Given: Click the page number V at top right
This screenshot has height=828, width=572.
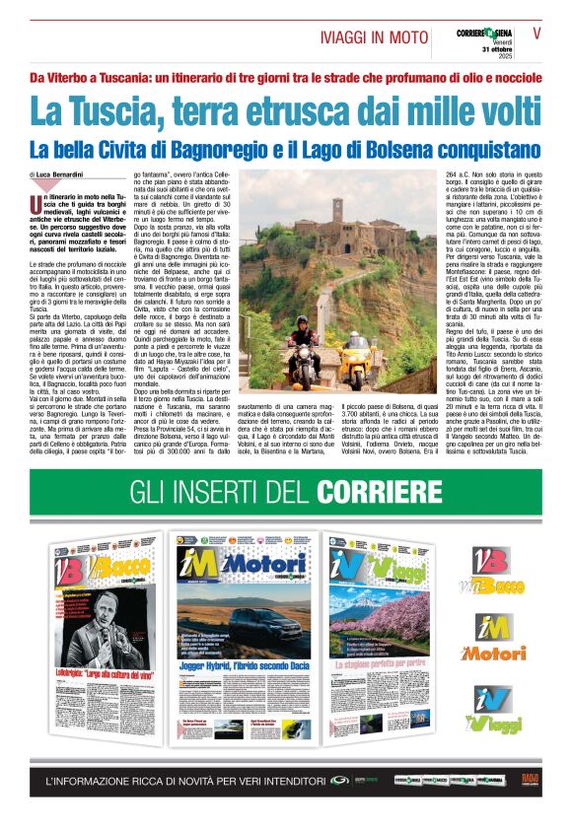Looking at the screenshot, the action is point(537,33).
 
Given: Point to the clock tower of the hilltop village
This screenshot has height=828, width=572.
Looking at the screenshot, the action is point(336,210).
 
